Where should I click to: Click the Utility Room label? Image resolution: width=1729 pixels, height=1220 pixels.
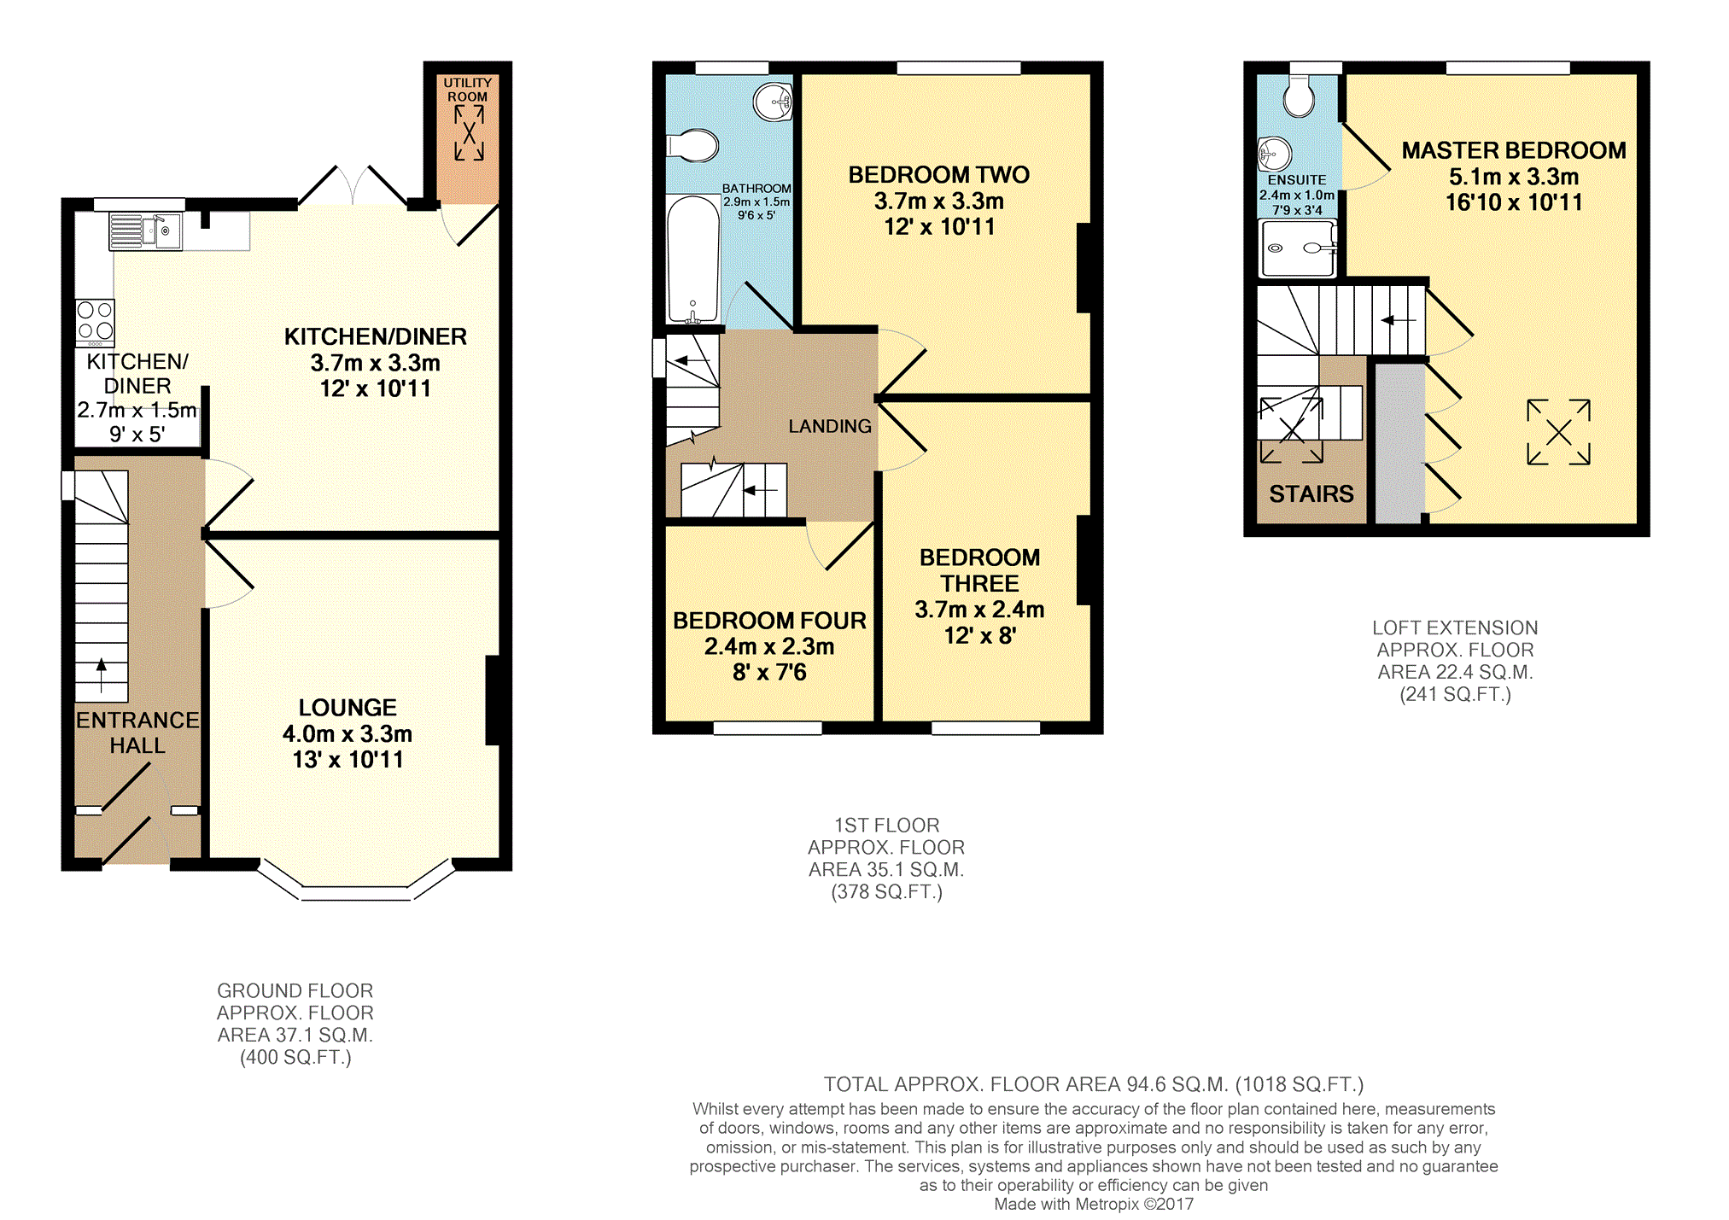pyautogui.click(x=467, y=90)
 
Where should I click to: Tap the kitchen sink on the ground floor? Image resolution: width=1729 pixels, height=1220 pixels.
pyautogui.click(x=145, y=231)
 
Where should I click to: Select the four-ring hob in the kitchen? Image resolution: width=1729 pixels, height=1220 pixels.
pyautogui.click(x=95, y=322)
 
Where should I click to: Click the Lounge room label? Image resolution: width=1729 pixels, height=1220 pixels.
pyautogui.click(x=348, y=708)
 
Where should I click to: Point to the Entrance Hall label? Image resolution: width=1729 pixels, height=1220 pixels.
pyautogui.click(x=137, y=733)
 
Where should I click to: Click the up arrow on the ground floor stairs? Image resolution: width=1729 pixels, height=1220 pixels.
pyautogui.click(x=102, y=674)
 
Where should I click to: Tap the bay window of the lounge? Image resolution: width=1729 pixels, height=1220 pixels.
pyautogui.click(x=355, y=892)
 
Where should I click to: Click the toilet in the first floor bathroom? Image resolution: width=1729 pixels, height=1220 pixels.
pyautogui.click(x=693, y=146)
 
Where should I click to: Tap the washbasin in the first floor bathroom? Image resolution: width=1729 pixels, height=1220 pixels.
pyautogui.click(x=774, y=102)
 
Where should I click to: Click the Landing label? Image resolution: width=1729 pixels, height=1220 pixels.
pyautogui.click(x=829, y=426)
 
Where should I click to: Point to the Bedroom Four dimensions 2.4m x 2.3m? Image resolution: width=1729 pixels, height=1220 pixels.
pyautogui.click(x=769, y=646)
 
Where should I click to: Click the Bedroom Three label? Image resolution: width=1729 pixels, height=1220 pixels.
pyautogui.click(x=979, y=570)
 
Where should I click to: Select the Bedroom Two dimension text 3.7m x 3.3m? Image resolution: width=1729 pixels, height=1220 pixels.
pyautogui.click(x=938, y=201)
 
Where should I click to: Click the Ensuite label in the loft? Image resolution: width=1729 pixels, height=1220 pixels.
pyautogui.click(x=1296, y=180)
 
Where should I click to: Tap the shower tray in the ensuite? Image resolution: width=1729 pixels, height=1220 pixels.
pyautogui.click(x=1297, y=248)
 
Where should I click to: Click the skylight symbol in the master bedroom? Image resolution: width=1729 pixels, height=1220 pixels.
pyautogui.click(x=1558, y=432)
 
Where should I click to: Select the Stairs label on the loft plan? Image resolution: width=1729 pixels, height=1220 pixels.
pyautogui.click(x=1311, y=494)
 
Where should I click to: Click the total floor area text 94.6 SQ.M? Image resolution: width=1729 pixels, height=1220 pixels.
pyautogui.click(x=1093, y=1084)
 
